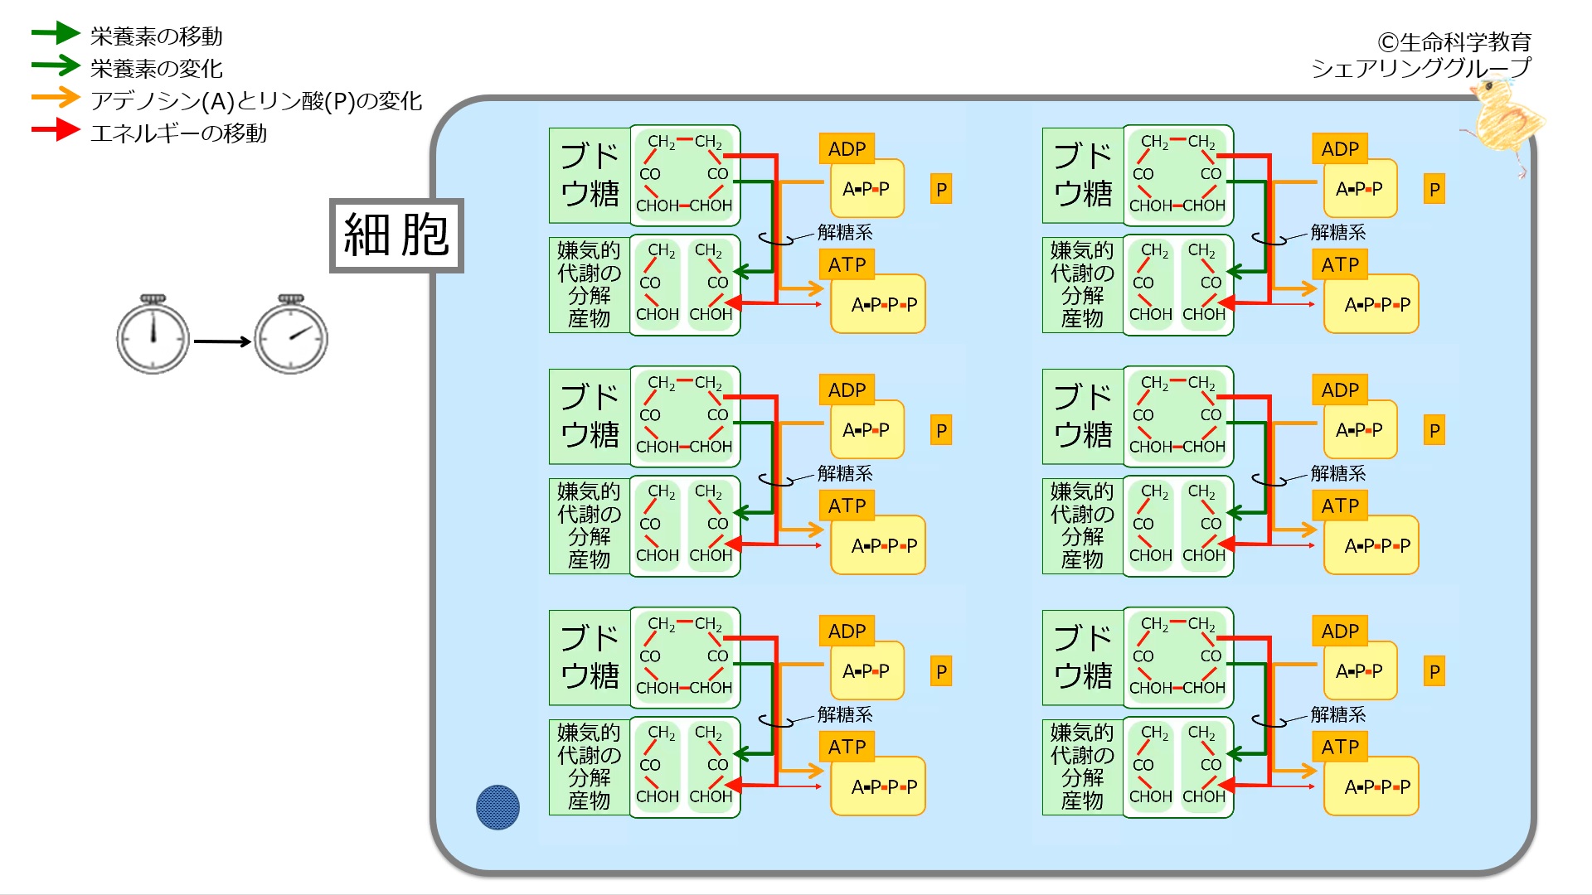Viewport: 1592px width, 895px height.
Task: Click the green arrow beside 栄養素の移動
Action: point(55,33)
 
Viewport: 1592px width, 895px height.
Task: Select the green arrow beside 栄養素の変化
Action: point(55,65)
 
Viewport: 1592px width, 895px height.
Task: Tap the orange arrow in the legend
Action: point(55,98)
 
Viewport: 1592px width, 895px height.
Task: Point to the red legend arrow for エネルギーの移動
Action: point(55,130)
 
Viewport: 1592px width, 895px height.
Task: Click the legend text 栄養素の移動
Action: point(157,36)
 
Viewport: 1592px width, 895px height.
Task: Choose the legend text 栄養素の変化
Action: point(157,69)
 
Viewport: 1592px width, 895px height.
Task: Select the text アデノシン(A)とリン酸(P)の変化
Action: point(256,101)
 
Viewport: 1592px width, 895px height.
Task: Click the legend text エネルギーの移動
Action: point(179,133)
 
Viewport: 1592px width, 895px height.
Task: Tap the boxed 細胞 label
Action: point(396,235)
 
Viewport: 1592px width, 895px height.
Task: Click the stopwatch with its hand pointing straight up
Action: point(153,335)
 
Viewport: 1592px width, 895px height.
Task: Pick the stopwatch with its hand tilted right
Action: point(291,335)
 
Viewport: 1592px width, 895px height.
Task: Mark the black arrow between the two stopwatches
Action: point(222,341)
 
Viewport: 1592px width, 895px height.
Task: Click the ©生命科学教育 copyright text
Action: point(1454,41)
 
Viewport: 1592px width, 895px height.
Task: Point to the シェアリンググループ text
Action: point(1420,68)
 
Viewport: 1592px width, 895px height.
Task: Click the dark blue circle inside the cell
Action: point(498,807)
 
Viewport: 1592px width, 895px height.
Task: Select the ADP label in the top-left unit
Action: point(847,149)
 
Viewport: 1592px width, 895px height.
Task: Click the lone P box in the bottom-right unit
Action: point(1434,671)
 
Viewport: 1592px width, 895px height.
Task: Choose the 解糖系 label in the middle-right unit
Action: point(1338,473)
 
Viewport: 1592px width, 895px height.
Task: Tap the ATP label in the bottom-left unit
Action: point(847,747)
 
